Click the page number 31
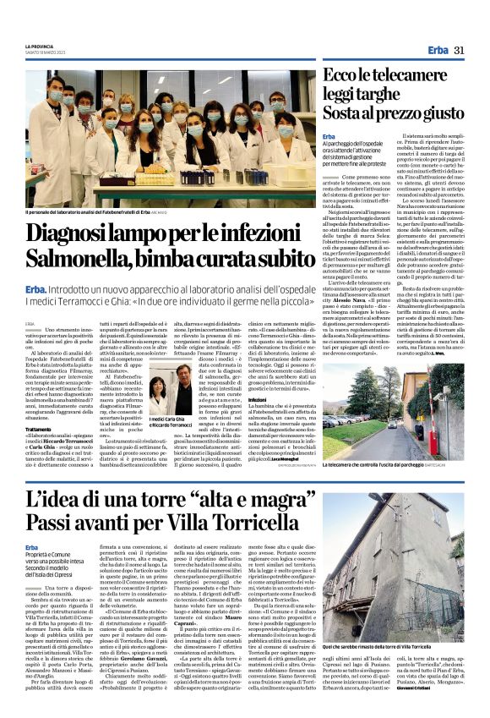(x=460, y=51)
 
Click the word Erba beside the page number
(x=438, y=51)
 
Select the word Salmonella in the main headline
(x=80, y=258)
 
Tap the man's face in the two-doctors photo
(x=183, y=392)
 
